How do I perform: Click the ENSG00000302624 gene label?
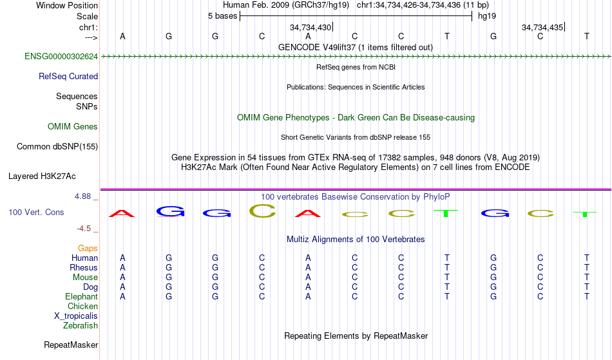click(x=61, y=57)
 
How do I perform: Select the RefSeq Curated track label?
click(x=68, y=77)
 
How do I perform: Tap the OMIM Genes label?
click(x=73, y=127)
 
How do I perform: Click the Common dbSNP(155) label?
click(x=57, y=147)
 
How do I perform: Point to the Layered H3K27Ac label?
click(x=42, y=176)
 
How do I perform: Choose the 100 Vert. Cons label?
click(x=36, y=212)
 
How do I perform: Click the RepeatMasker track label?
click(x=71, y=345)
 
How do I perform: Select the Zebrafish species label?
click(x=81, y=325)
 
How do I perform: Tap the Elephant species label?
click(x=82, y=296)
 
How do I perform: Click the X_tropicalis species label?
click(x=76, y=316)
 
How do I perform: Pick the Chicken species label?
click(x=82, y=306)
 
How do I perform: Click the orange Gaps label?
click(x=88, y=248)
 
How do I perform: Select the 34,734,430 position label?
click(x=311, y=27)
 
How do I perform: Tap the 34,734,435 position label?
click(x=542, y=27)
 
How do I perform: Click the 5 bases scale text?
click(x=222, y=16)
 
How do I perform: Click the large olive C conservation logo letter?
click(x=262, y=211)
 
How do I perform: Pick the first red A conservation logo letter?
click(x=122, y=213)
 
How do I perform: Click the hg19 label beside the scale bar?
click(x=487, y=16)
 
